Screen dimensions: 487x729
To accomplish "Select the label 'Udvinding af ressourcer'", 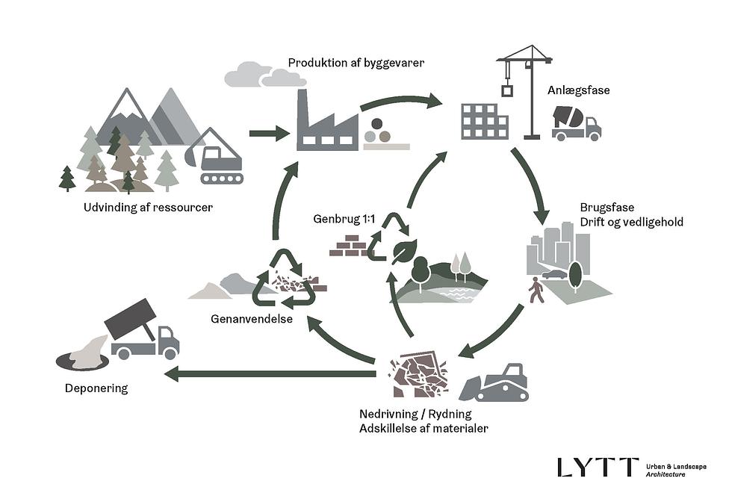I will pyautogui.click(x=148, y=207).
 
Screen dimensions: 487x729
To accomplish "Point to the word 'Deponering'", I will pyautogui.click(x=96, y=388).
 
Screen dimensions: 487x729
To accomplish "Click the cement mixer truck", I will pyautogui.click(x=576, y=122).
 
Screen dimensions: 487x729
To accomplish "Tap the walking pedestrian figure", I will pyautogui.click(x=536, y=291).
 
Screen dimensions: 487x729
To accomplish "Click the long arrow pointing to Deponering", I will pyautogui.click(x=269, y=373).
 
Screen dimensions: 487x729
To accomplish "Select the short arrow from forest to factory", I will pyautogui.click(x=269, y=134).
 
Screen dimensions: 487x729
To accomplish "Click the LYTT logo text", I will pyautogui.click(x=598, y=468).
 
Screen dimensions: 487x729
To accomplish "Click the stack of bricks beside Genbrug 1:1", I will pyautogui.click(x=350, y=246).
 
